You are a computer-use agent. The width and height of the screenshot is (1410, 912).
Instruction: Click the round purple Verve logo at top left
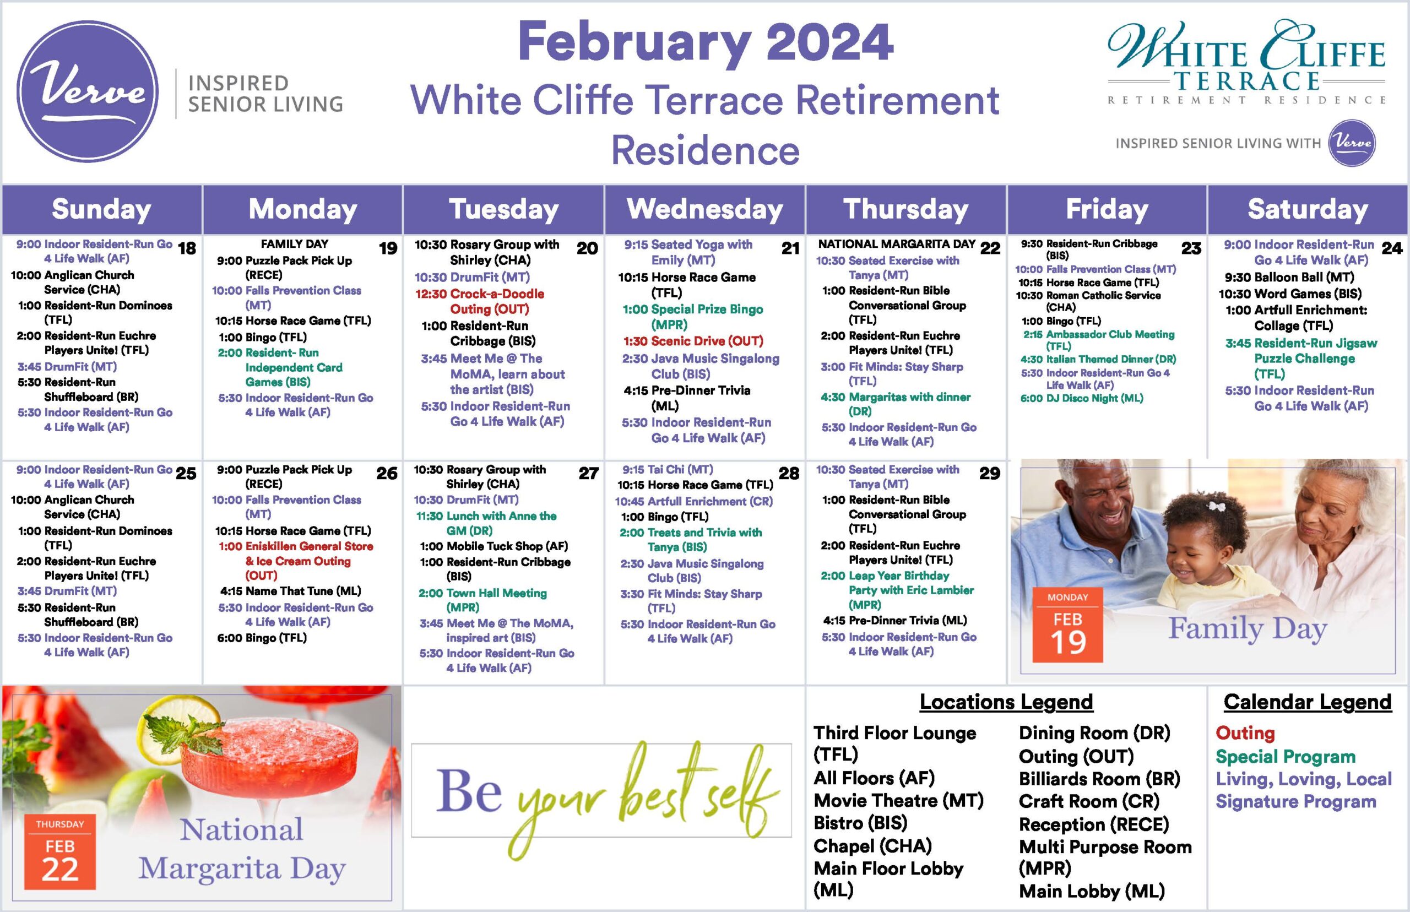[88, 92]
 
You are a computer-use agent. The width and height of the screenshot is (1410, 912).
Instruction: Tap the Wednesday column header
[704, 209]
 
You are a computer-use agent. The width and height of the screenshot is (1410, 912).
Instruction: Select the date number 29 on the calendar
[990, 473]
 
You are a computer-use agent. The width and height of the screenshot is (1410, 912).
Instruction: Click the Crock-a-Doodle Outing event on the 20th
[480, 301]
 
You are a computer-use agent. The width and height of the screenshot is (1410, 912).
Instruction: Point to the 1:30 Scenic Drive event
[693, 341]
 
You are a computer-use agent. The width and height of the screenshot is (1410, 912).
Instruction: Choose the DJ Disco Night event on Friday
[1081, 398]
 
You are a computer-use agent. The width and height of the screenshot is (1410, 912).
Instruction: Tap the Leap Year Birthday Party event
[897, 590]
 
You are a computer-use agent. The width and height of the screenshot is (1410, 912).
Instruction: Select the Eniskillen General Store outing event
[296, 560]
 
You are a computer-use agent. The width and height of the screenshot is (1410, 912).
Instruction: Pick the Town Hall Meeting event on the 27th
[482, 600]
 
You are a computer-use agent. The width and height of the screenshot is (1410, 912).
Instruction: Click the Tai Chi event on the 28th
[668, 469]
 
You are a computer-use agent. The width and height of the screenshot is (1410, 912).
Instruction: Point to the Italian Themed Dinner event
[1098, 359]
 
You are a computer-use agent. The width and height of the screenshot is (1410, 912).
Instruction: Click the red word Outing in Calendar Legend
[1245, 732]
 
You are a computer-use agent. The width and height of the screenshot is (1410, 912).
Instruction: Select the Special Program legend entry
[1286, 756]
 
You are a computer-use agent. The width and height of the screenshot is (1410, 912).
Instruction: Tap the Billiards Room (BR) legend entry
[1100, 778]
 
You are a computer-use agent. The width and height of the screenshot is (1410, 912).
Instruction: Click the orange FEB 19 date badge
[1068, 624]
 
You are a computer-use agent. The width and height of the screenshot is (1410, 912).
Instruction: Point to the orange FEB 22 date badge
[60, 851]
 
